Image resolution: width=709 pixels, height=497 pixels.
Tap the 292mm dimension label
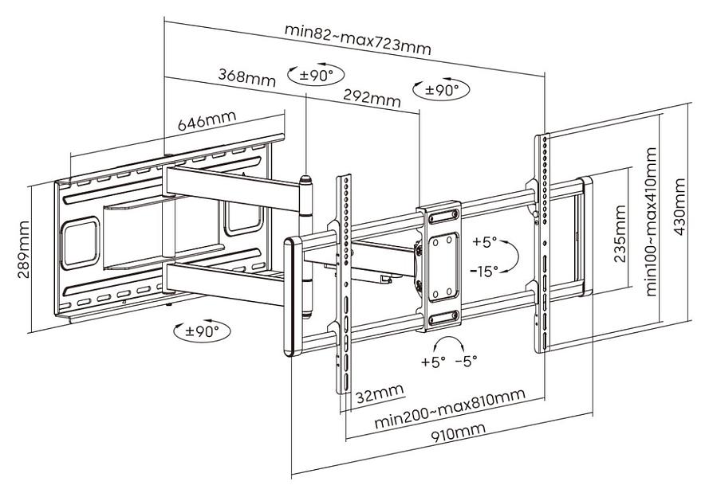coord(371,98)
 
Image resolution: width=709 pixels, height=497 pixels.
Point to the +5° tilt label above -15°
coord(483,241)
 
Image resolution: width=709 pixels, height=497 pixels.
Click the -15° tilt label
coord(483,271)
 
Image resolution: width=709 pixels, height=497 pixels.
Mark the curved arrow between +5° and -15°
coord(512,256)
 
